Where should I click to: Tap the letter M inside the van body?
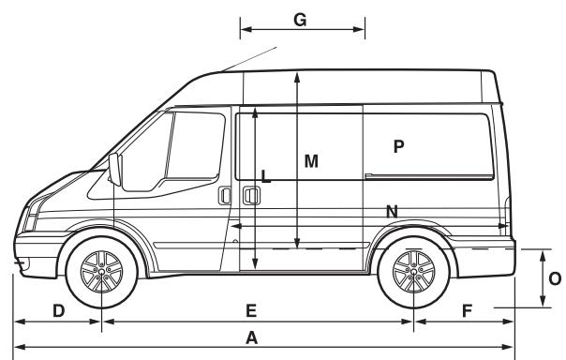coord(311,161)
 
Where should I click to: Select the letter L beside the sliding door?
coord(266,175)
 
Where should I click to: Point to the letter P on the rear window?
coord(398,146)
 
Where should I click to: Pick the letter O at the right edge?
coord(554,278)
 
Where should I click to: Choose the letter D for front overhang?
coord(58,309)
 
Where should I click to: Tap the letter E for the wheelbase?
coord(251,309)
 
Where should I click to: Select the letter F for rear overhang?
coord(466,309)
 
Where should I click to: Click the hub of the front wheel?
coord(101,274)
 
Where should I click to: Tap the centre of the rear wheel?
coord(411,274)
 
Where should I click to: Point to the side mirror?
coord(116,171)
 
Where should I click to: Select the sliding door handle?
coord(250,196)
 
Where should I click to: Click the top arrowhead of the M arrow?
coord(296,75)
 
